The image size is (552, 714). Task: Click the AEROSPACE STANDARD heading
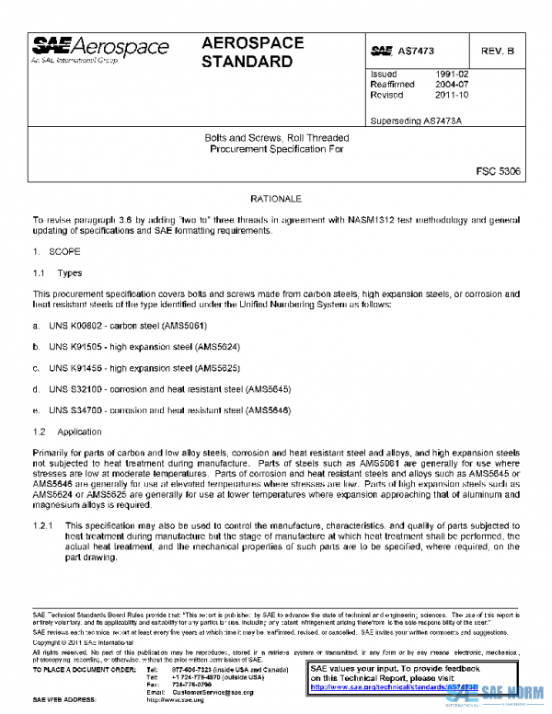click(x=247, y=53)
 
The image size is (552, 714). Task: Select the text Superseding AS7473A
click(x=415, y=121)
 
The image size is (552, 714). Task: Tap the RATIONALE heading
click(x=276, y=199)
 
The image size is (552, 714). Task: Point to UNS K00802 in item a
click(x=77, y=326)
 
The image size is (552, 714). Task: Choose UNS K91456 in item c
click(x=77, y=367)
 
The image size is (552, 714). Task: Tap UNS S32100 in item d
click(x=77, y=388)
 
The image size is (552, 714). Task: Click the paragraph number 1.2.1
click(x=44, y=524)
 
